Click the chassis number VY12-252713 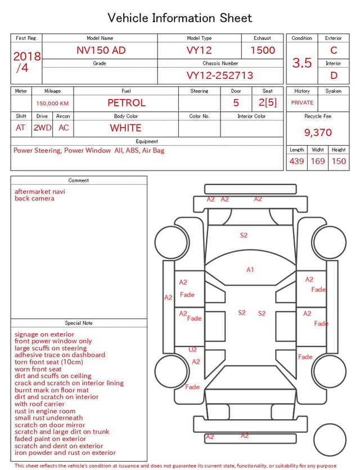pos(220,75)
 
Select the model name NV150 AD pos(101,50)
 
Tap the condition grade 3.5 pos(302,62)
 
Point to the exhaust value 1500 pos(263,50)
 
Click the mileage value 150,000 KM pos(52,104)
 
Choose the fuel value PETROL pos(127,103)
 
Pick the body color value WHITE pos(125,128)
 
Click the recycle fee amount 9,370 pos(318,132)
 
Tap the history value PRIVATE pos(302,102)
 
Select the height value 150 pos(339,161)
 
